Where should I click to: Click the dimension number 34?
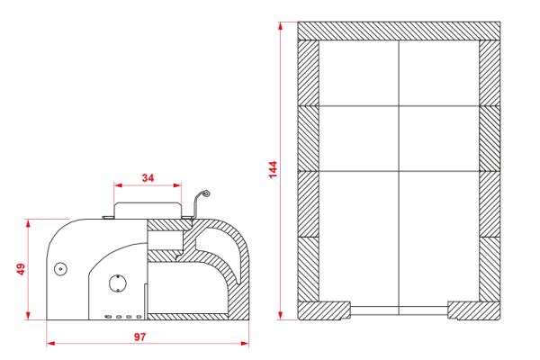point(148,178)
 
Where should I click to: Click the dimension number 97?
point(140,337)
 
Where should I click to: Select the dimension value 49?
point(21,269)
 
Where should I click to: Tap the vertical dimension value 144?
point(273,169)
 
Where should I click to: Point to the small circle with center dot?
point(60,269)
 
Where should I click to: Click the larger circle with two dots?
point(117,283)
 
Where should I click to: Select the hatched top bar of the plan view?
point(399,31)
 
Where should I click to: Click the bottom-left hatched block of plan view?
point(324,310)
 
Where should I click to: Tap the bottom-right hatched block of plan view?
point(474,310)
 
